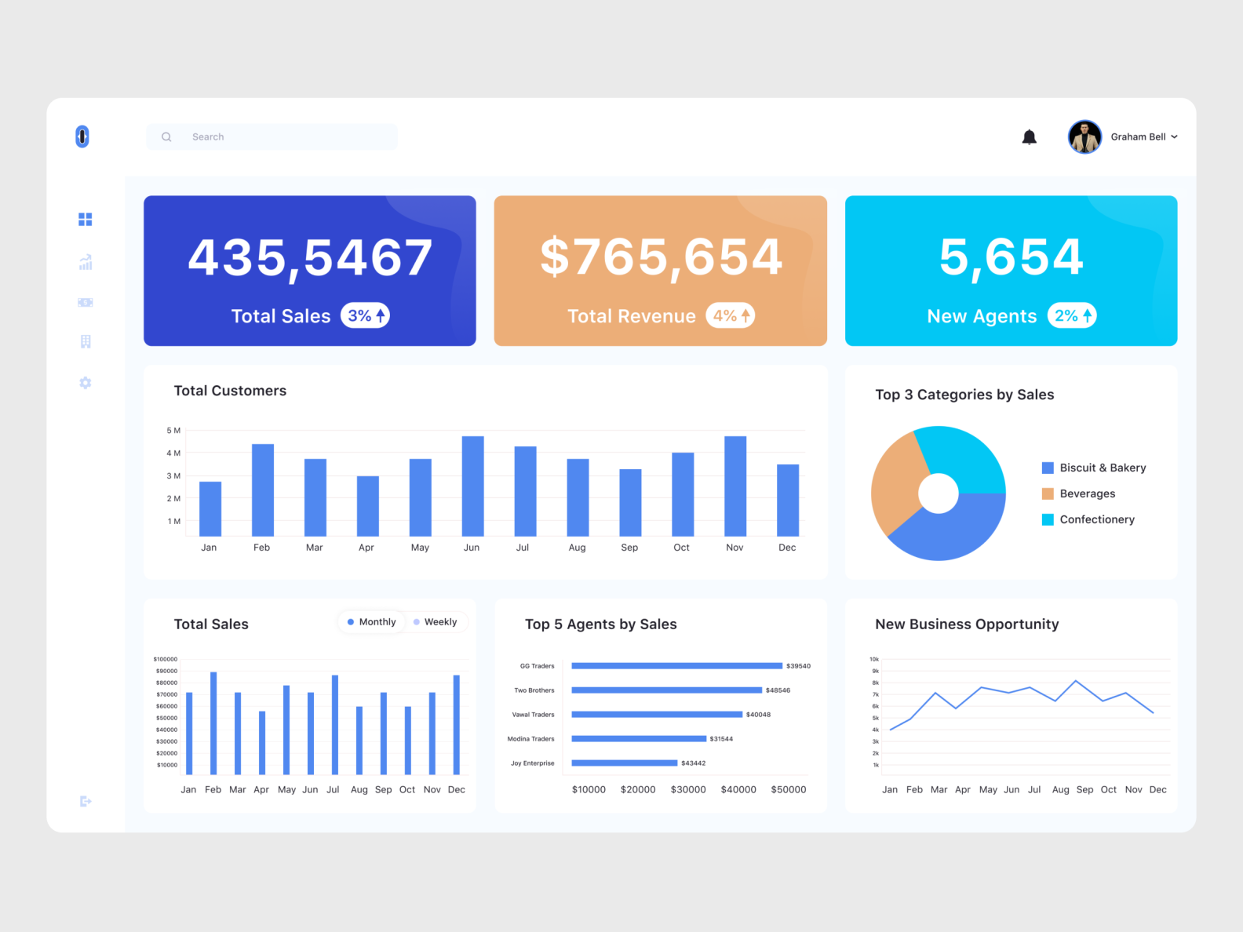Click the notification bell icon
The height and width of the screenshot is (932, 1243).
click(x=1029, y=137)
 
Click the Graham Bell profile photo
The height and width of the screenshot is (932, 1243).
click(x=1084, y=137)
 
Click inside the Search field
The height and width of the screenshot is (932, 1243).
click(x=282, y=137)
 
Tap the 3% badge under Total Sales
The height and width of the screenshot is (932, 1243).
click(x=365, y=315)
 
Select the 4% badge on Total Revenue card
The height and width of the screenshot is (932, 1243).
click(x=731, y=315)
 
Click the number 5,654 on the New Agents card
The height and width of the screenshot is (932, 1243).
click(x=1011, y=257)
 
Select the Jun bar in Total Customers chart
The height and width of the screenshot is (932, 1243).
click(x=472, y=486)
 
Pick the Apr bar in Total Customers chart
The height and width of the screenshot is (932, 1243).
click(x=367, y=506)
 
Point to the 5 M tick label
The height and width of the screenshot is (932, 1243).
click(x=173, y=431)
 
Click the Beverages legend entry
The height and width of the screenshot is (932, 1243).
click(x=1086, y=493)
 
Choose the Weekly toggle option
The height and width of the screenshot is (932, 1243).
click(x=436, y=622)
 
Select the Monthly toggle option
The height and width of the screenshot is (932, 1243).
click(x=372, y=622)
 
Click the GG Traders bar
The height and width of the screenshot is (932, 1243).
click(x=676, y=666)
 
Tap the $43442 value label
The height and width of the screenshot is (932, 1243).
click(x=693, y=763)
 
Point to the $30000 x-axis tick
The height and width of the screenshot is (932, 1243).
click(x=687, y=790)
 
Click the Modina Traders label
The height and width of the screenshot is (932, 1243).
click(x=530, y=739)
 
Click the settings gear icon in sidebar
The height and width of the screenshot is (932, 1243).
click(x=86, y=383)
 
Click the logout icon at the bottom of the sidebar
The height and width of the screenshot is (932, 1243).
click(x=86, y=801)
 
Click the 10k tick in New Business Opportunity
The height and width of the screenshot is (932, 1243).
click(x=874, y=659)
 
